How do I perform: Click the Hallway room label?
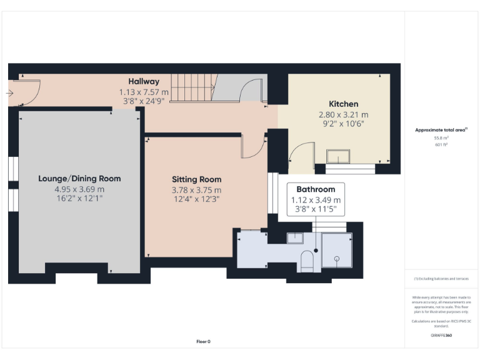point(144,81)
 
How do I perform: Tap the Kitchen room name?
point(344,104)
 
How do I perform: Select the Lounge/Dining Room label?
point(79,178)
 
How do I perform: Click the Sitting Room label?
point(197,179)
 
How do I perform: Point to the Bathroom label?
point(316,189)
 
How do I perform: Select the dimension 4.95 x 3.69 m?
point(79,189)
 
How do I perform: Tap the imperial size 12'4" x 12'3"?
point(197,199)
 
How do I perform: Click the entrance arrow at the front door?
point(9,93)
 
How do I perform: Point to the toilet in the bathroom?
point(306,260)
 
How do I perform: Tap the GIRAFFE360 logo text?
point(441,336)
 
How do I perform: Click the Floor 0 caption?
point(204,341)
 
